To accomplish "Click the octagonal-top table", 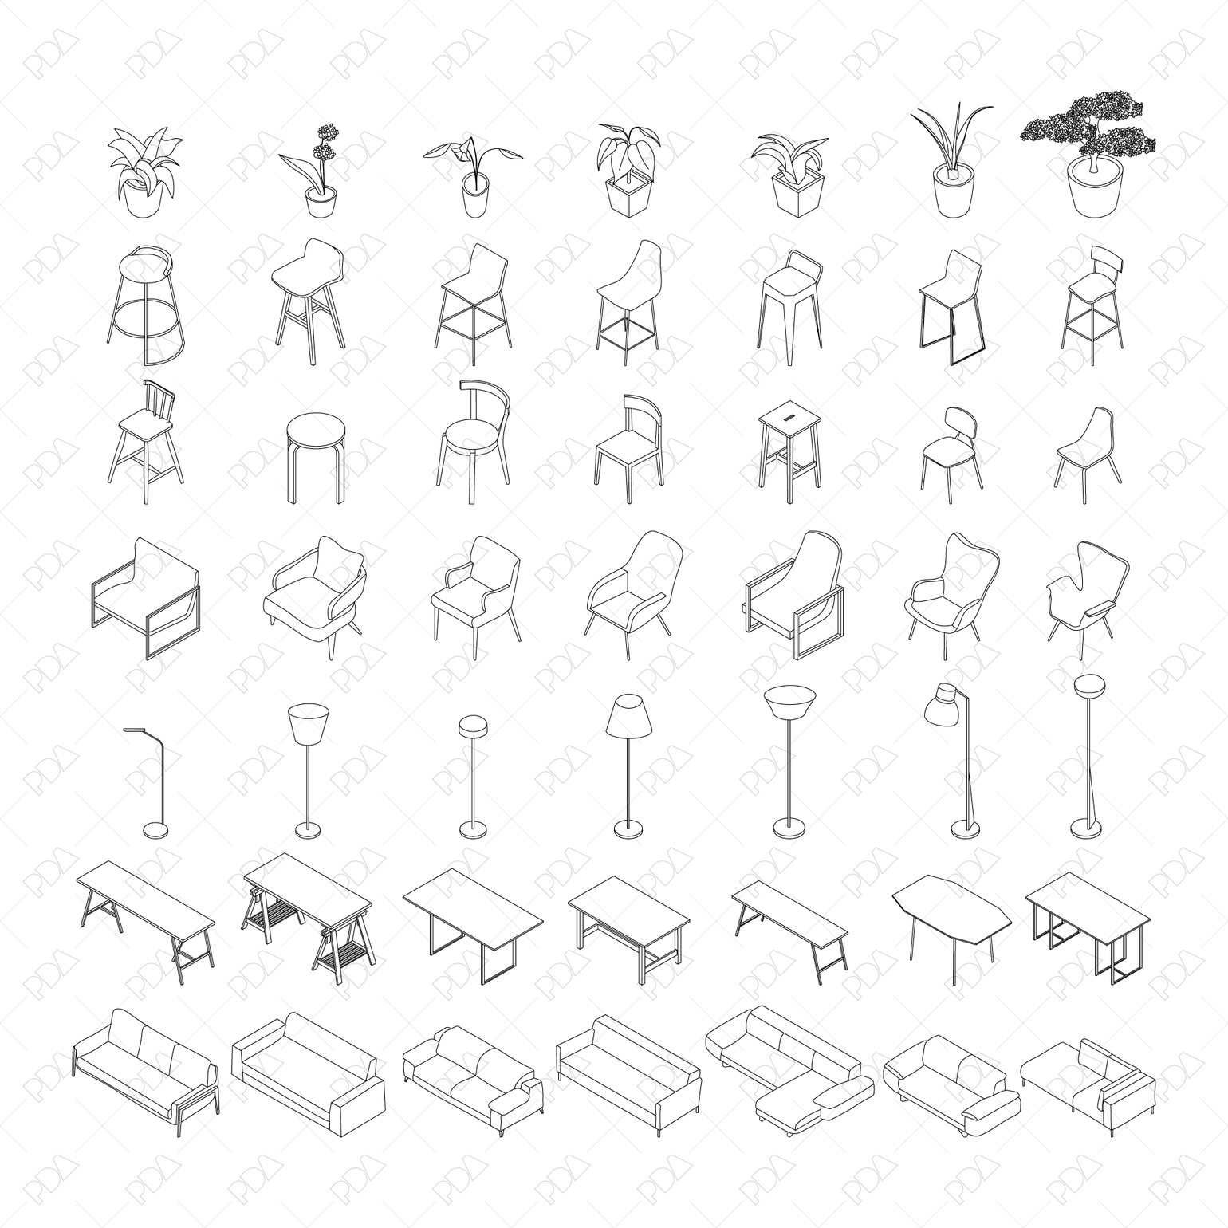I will (x=951, y=913).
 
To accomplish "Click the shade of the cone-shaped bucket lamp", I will (x=307, y=724).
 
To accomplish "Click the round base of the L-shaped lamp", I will (x=155, y=831).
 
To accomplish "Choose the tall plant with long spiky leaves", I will (x=953, y=163).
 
